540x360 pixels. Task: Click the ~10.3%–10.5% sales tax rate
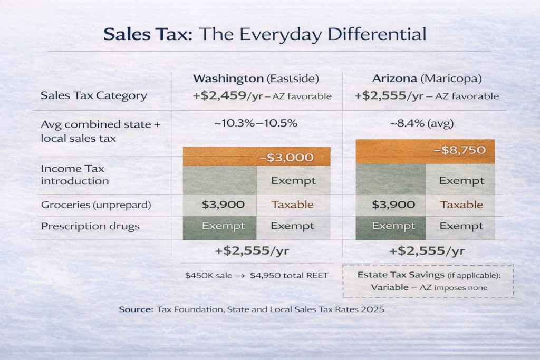coord(256,124)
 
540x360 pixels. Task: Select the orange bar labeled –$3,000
coord(256,157)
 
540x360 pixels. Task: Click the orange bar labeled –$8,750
coord(425,151)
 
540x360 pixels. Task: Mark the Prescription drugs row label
coord(90,226)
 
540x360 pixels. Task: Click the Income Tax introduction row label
coord(74,175)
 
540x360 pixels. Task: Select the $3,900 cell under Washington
coord(219,205)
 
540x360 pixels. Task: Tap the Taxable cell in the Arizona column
coord(461,205)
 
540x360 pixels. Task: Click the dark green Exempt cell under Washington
coord(219,226)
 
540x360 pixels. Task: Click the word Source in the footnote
coord(136,309)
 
